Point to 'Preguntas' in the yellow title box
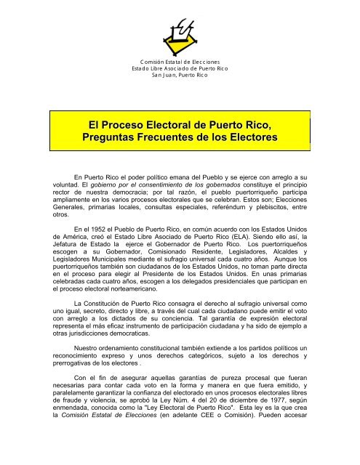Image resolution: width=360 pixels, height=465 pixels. [120, 142]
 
